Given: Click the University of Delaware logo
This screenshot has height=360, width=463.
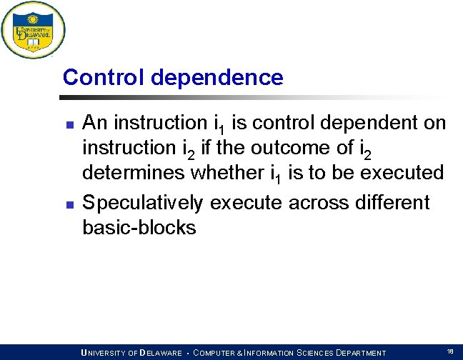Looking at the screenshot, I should coord(33,30).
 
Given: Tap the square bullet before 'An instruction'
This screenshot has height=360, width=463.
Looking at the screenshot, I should coord(69,125).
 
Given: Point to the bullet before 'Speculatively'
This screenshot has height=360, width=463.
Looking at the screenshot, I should coord(69,204).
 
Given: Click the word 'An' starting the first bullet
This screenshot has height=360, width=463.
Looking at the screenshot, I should coord(95,123).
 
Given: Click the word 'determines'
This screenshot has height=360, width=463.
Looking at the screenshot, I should coord(134,173).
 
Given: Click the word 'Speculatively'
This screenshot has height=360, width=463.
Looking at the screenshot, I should coord(143,203).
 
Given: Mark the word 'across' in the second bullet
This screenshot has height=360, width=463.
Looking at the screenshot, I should coord(319,203).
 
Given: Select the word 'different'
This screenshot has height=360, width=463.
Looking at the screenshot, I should coord(392,203).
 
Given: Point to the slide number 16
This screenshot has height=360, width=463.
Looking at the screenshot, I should coord(449,351).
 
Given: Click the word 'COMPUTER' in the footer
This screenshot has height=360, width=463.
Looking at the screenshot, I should coord(220,353).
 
